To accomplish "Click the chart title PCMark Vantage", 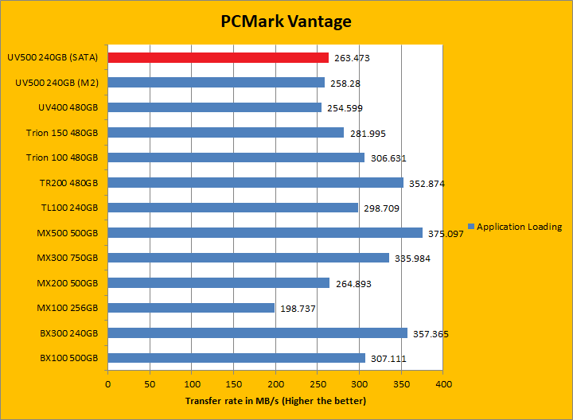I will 286,21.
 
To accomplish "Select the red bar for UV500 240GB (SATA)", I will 218,57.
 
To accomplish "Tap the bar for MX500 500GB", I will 265,232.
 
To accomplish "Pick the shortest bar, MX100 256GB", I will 191,308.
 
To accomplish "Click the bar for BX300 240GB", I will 258,332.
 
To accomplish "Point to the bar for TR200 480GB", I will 255,182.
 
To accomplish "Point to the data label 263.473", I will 352,58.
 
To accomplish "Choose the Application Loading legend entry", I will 519,227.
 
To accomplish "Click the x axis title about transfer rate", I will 275,400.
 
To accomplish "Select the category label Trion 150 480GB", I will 57,133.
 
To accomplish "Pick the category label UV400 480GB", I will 68,107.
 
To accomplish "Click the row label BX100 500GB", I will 68,358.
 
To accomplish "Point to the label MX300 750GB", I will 67,258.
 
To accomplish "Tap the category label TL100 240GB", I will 68,208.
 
